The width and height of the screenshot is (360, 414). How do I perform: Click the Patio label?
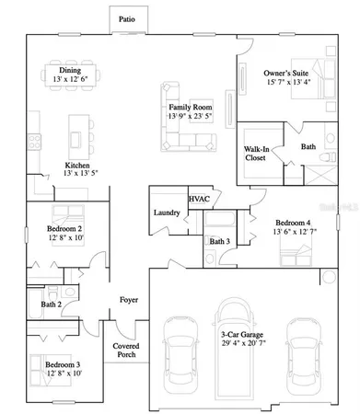[x=126, y=18]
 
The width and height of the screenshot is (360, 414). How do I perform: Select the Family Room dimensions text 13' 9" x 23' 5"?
[x=190, y=117]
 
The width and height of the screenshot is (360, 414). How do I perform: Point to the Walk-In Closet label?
[x=257, y=153]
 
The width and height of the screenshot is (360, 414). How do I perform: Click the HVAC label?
[x=198, y=199]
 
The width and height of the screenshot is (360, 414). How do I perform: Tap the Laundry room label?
[x=166, y=213]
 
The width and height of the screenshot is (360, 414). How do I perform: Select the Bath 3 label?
[x=219, y=241]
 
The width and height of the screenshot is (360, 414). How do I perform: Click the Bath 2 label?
[x=51, y=304]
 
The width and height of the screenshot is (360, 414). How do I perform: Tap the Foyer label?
[x=128, y=300]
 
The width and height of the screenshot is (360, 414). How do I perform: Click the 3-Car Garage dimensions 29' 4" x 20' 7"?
[x=243, y=342]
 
